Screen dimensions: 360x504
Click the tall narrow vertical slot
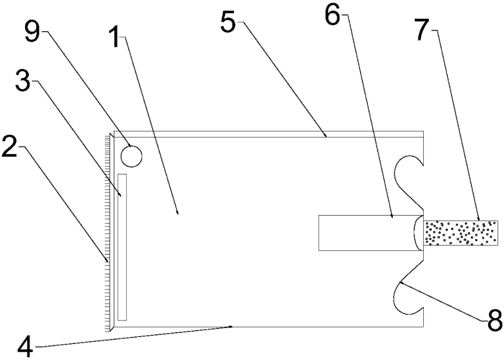pos(122,247)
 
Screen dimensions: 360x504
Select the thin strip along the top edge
pos(267,134)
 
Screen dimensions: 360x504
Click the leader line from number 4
pos(134,336)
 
